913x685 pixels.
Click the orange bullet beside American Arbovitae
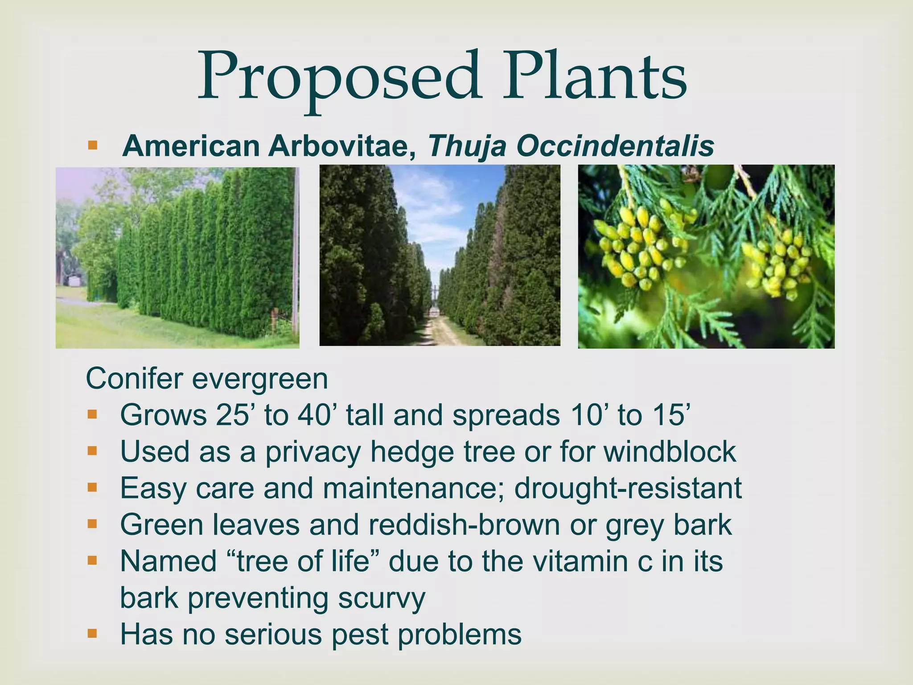[x=92, y=145]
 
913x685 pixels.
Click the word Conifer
[x=134, y=379]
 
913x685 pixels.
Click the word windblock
[x=670, y=452]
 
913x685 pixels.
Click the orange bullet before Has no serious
[x=92, y=633]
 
